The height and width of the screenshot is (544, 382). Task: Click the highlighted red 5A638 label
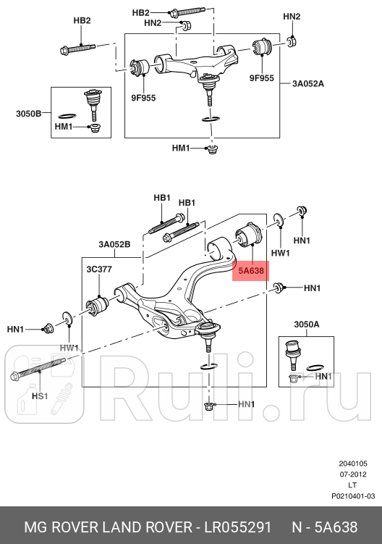click(x=250, y=271)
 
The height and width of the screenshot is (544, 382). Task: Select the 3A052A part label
click(x=307, y=83)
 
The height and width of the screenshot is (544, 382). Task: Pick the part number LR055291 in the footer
click(x=234, y=524)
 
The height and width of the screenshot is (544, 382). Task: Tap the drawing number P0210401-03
click(x=353, y=495)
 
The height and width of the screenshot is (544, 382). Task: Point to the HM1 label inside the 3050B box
click(x=64, y=127)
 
